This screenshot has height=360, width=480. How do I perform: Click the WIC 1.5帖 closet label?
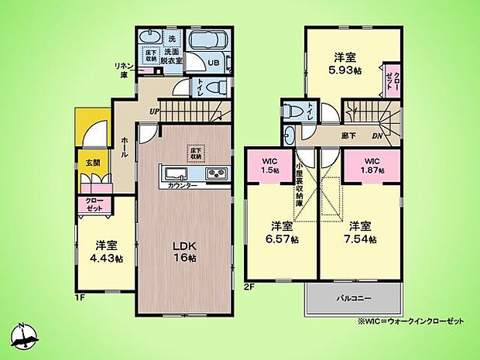(x=269, y=165)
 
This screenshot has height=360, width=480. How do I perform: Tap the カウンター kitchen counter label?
(x=182, y=187)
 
